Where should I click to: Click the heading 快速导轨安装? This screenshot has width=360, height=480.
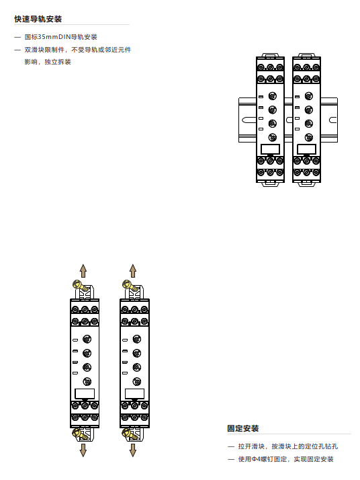38,19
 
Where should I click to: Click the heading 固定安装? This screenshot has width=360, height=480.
243,428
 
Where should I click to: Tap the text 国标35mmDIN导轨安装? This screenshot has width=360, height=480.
61,37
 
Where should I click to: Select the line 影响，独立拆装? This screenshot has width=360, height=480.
48,62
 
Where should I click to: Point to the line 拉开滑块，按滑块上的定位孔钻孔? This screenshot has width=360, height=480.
288,446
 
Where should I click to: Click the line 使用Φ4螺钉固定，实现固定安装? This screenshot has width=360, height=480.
286,459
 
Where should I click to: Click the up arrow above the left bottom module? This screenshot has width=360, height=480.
83,271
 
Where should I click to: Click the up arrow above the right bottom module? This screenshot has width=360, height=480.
132,271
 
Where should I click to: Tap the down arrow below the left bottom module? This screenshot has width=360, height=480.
83,450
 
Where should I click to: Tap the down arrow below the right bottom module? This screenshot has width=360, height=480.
132,450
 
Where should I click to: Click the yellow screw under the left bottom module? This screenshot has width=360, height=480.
80,434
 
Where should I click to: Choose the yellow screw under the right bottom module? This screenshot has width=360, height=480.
130,434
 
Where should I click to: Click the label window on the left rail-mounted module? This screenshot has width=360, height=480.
270,149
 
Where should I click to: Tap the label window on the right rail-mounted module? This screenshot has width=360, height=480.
306,149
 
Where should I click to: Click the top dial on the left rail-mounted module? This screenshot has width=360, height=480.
273,96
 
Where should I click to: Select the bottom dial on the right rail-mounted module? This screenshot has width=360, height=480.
309,137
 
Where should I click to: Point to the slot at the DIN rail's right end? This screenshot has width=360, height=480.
332,120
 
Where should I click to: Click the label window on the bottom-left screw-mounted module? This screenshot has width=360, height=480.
85,394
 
